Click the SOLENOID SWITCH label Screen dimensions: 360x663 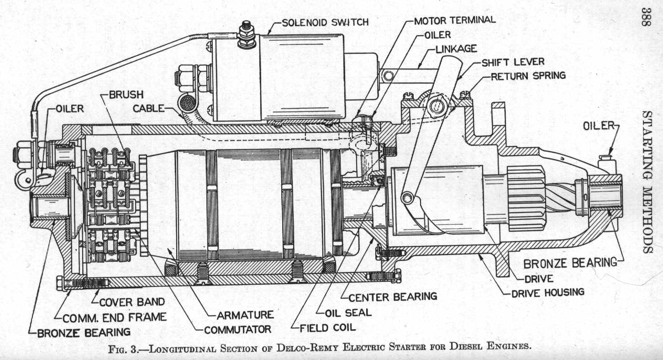(325, 21)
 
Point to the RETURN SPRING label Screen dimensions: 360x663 (528, 76)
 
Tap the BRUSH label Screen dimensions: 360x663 (126, 95)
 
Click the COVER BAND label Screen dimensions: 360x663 (132, 302)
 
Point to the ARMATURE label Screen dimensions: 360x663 (245, 314)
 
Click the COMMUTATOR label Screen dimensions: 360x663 (237, 329)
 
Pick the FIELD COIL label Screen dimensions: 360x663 (327, 327)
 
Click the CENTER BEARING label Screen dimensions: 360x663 (393, 297)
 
